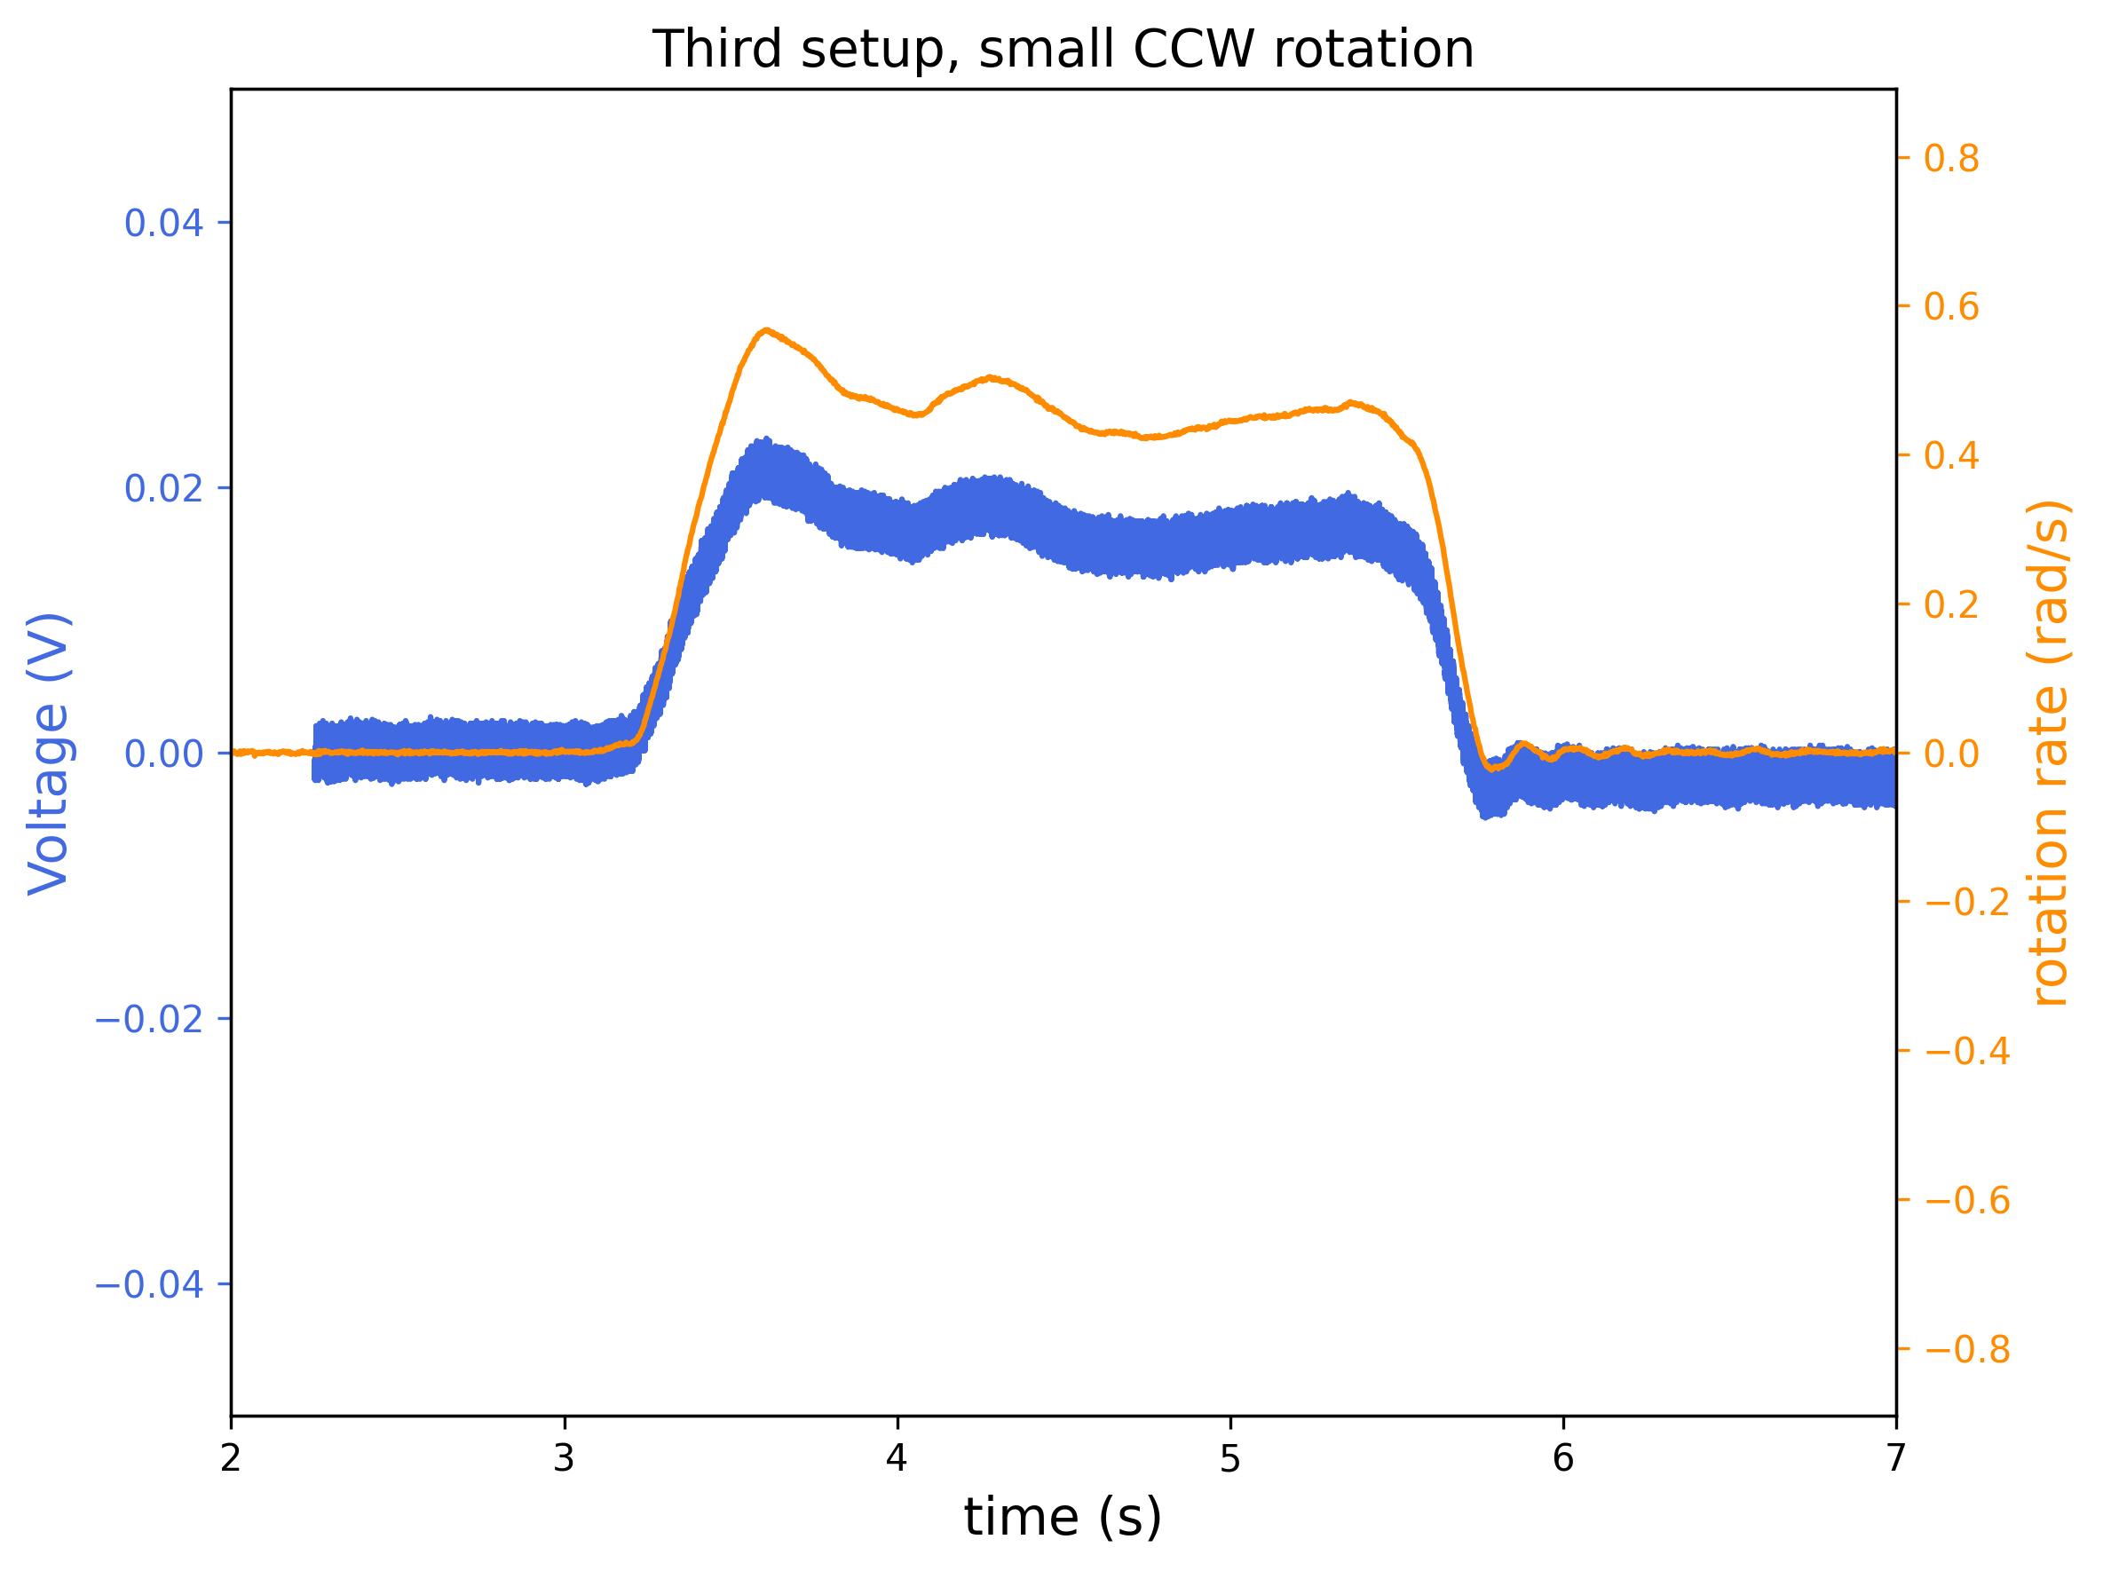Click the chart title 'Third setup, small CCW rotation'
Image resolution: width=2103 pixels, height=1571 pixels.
click(x=1062, y=50)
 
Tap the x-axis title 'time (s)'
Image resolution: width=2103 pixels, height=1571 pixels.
click(x=1062, y=1517)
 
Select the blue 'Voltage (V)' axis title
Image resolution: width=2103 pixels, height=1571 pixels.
click(x=49, y=754)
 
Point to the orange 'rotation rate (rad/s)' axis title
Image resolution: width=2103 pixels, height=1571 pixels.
click(x=2051, y=754)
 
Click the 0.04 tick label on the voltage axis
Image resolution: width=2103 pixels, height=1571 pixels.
click(x=163, y=224)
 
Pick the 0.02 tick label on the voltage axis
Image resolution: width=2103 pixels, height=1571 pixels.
click(x=163, y=488)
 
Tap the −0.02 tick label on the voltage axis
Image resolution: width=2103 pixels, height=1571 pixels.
click(x=149, y=1019)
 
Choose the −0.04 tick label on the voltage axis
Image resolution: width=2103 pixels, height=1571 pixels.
click(x=149, y=1285)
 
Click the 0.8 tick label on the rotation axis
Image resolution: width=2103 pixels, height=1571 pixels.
click(x=1951, y=159)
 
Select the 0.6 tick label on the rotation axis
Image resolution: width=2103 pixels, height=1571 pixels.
click(x=1951, y=307)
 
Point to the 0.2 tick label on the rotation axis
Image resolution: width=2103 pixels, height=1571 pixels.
click(x=1951, y=604)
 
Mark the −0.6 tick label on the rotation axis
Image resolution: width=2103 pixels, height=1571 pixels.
click(x=1966, y=1200)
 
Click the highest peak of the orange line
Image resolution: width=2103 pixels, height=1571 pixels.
click(x=765, y=331)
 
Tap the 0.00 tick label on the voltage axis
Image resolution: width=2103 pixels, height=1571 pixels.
click(x=163, y=754)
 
